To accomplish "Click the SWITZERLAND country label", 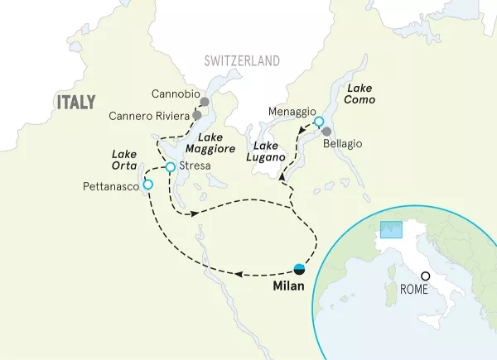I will pyautogui.click(x=242, y=61).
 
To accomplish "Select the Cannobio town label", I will pyautogui.click(x=176, y=94).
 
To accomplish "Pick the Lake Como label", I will pyautogui.click(x=360, y=94).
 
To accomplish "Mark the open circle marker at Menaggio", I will pyautogui.click(x=319, y=122).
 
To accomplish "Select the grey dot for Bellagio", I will pyautogui.click(x=327, y=132).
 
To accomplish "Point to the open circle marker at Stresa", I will pyautogui.click(x=171, y=167).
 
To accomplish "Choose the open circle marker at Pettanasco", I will pyautogui.click(x=148, y=185).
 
